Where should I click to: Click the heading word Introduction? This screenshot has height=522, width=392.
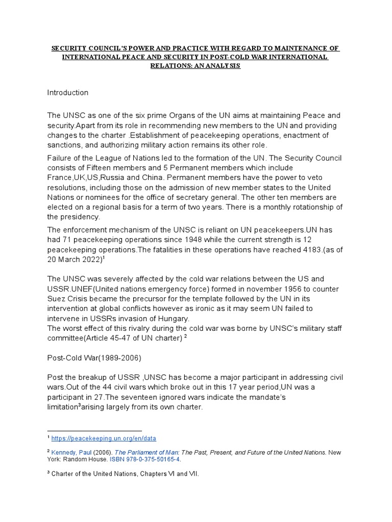pos(68,93)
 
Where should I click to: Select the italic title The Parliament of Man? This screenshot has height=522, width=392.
pos(147,452)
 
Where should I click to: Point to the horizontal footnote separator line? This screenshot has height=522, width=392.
pos(94,431)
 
